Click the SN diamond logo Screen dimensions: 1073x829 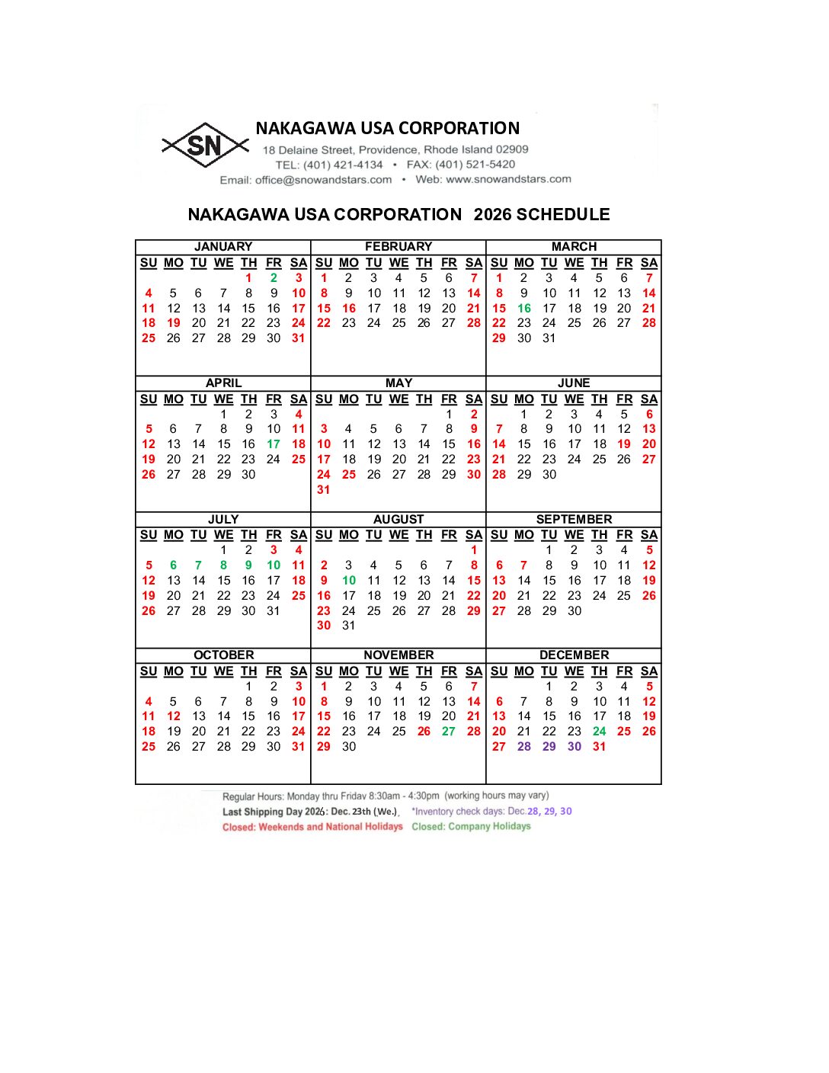click(x=204, y=145)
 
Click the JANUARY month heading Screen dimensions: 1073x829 click(x=223, y=247)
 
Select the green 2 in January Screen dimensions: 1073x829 click(x=274, y=278)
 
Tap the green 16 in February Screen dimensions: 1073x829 click(x=349, y=309)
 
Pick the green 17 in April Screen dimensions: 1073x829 click(x=274, y=444)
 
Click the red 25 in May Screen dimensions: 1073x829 click(x=349, y=475)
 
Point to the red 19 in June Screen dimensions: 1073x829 click(x=624, y=444)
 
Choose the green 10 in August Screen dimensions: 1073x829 click(x=349, y=581)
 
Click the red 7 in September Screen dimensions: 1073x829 click(x=523, y=565)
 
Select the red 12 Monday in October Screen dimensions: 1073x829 click(x=174, y=716)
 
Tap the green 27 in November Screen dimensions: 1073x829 click(x=449, y=732)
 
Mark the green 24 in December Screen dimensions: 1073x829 click(x=600, y=732)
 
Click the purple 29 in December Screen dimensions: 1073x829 click(x=549, y=747)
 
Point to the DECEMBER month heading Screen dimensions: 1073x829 click(x=574, y=655)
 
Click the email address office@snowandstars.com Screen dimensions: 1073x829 click(x=323, y=180)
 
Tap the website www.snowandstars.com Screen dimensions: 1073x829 click(x=508, y=179)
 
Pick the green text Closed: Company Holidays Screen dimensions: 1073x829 click(x=471, y=826)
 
